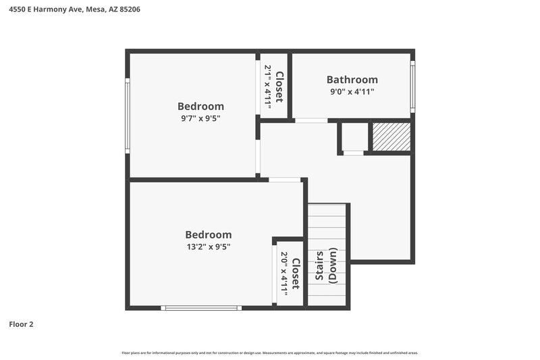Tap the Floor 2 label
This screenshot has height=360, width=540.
pos(21,324)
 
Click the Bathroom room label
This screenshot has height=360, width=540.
pos(352,80)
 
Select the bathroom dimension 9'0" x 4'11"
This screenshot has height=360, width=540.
pos(352,92)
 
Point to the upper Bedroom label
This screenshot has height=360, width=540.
pos(200,106)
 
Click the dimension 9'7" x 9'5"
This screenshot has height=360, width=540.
pos(200,118)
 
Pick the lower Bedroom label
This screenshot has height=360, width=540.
pos(208,234)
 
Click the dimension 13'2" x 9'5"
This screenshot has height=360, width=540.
pos(208,247)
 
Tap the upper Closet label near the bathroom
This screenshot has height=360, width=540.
pos(279,86)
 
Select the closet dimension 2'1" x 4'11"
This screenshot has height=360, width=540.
pos(268,86)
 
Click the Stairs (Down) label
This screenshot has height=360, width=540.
pos(327,265)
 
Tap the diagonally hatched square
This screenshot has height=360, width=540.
pos(391,137)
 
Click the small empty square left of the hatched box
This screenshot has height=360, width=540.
pos(354,137)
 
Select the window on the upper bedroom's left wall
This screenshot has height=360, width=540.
pos(127,115)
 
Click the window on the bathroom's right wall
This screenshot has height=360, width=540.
pos(412,86)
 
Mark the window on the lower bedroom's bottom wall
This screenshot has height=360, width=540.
pos(200,308)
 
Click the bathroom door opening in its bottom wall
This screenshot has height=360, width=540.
pos(311,120)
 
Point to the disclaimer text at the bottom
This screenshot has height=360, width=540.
pos(270,353)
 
